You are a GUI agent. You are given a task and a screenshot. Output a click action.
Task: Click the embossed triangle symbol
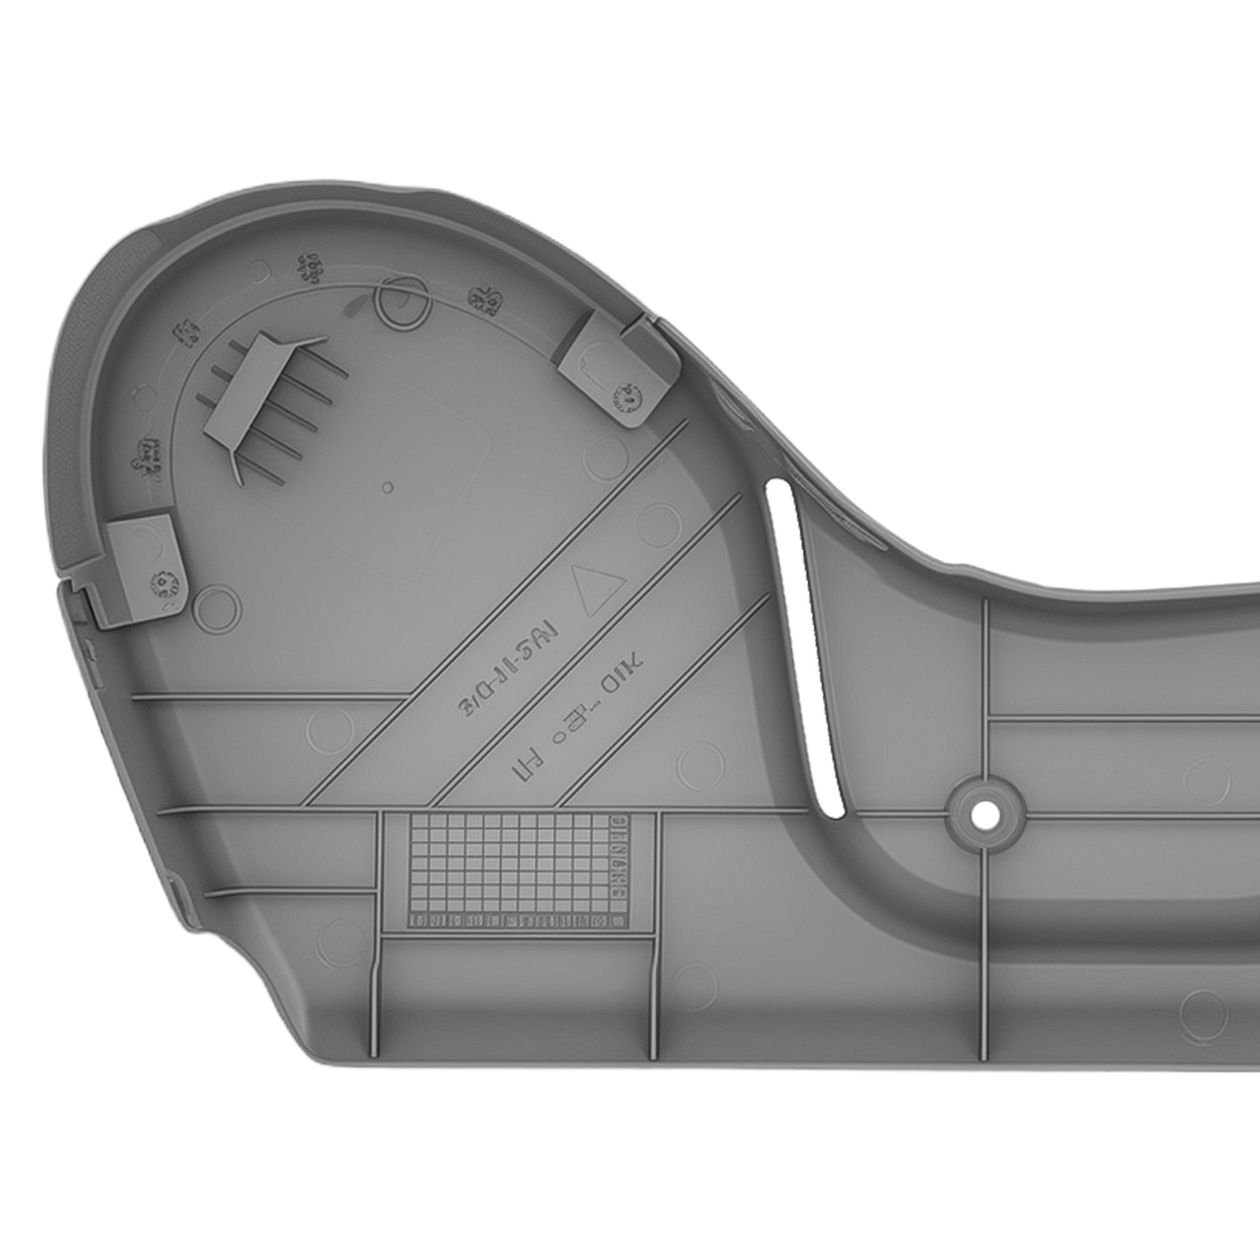(x=601, y=587)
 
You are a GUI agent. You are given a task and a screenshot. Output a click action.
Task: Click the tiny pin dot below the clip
(x=387, y=487)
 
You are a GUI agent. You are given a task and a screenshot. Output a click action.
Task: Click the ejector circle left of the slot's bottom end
(x=700, y=763)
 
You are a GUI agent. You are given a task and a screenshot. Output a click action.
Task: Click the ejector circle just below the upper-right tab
(x=609, y=454)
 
